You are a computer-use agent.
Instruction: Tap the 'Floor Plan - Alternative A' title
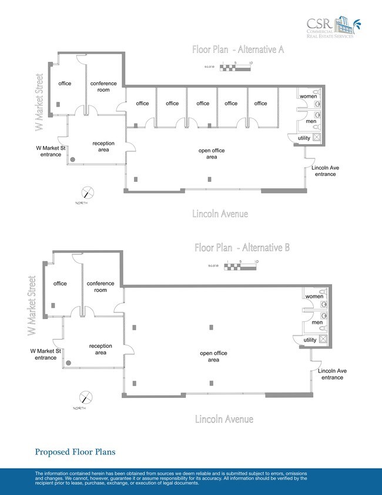[238, 49]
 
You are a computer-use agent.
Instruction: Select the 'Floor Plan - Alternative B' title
[242, 247]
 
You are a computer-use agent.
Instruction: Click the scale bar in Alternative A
[235, 68]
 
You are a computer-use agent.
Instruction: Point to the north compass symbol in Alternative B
[86, 397]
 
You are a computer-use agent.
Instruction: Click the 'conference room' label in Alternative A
[103, 87]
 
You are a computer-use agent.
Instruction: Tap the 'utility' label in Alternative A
[304, 138]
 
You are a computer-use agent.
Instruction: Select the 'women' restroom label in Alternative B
[314, 297]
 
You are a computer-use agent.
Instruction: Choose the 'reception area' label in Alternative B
[100, 349]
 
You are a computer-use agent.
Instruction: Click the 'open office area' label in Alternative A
[212, 154]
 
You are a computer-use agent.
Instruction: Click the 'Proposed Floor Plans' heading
[75, 452]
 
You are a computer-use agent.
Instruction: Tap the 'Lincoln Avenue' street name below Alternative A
[220, 214]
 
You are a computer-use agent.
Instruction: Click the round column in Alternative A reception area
[73, 160]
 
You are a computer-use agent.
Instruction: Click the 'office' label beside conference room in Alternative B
[60, 284]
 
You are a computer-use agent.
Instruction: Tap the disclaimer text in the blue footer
[170, 479]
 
